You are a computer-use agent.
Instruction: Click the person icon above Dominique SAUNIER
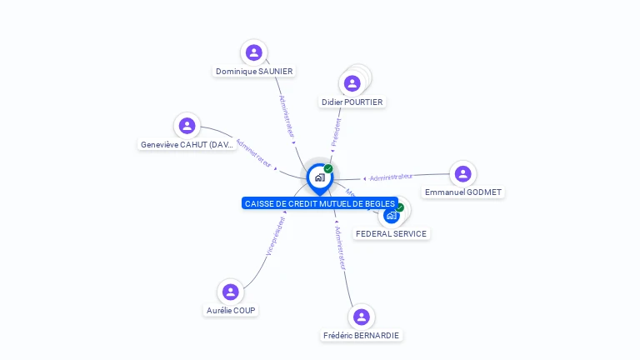coord(254,52)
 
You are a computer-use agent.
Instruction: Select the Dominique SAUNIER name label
coord(254,72)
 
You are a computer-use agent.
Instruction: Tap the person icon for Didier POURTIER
coord(352,83)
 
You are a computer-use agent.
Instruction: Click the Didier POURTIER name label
coord(352,102)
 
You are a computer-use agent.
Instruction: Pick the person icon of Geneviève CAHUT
coord(187,126)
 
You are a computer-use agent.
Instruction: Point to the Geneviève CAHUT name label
coord(187,145)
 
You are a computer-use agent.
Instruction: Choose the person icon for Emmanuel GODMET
coord(462,173)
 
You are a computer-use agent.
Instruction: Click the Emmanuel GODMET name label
coord(462,192)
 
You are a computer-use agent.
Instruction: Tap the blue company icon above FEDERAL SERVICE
coord(391,215)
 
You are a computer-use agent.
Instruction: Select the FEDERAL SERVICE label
coord(391,234)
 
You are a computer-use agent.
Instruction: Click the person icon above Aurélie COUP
coord(231,292)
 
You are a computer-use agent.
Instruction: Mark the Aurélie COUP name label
coord(231,311)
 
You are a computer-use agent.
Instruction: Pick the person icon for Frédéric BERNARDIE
coord(361,317)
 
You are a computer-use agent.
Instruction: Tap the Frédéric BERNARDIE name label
coord(361,336)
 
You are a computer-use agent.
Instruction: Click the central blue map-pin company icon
coord(319,177)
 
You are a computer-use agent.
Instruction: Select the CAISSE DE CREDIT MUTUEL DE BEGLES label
coord(319,203)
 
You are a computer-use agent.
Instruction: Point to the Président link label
coord(337,132)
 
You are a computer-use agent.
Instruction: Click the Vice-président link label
coord(276,236)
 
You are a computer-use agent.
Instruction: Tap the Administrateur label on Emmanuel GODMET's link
coord(391,177)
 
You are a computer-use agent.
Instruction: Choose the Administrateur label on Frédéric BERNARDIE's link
coord(340,247)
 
